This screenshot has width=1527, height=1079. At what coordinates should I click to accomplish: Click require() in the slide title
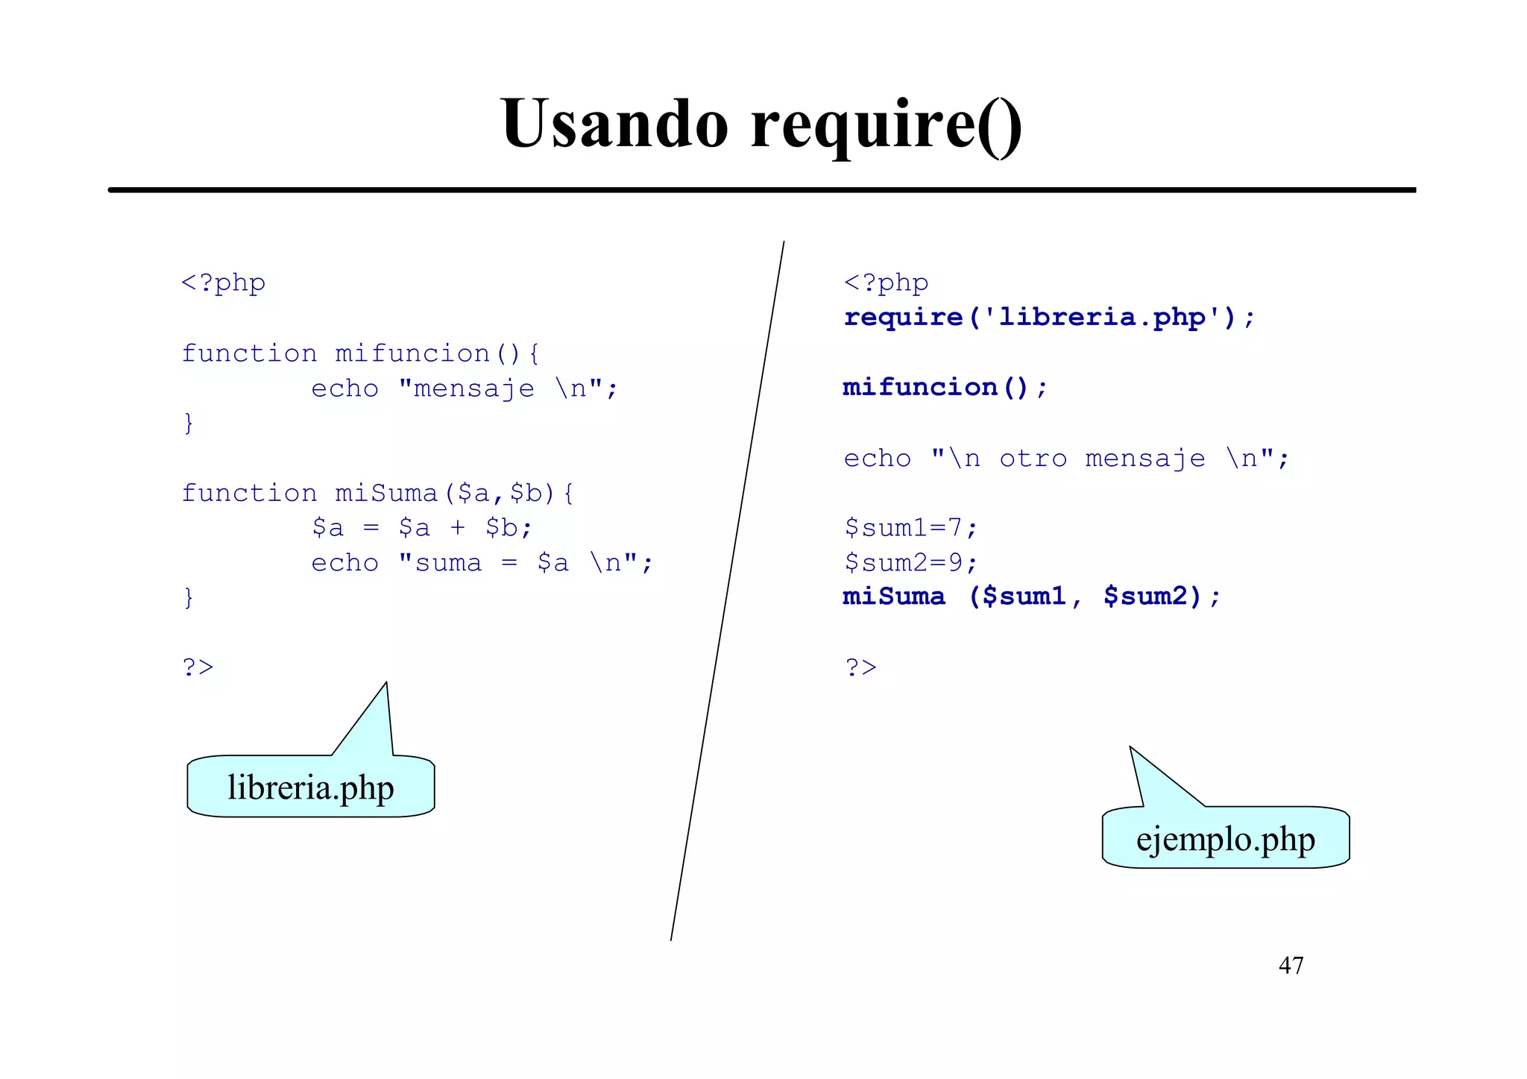pyautogui.click(x=887, y=124)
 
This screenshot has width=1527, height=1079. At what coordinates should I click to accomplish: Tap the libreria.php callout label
pyautogui.click(x=310, y=787)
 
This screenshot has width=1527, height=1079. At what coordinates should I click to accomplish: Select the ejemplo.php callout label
pyautogui.click(x=1225, y=839)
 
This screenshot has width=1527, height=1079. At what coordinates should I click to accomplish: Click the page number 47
pyautogui.click(x=1291, y=966)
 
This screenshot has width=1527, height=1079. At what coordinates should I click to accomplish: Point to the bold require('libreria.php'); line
pyautogui.click(x=1049, y=318)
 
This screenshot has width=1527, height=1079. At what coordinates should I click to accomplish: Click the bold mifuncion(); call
pyautogui.click(x=945, y=388)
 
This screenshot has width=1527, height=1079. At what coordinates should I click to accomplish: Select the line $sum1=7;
pyautogui.click(x=910, y=528)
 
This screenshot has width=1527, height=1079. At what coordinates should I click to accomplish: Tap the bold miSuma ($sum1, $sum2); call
pyautogui.click(x=1031, y=597)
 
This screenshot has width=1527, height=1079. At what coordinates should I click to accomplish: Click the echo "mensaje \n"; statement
pyautogui.click(x=464, y=388)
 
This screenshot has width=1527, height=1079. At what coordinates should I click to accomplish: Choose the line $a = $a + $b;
pyautogui.click(x=421, y=528)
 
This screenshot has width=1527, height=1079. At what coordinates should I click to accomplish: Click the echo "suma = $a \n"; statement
pyautogui.click(x=481, y=563)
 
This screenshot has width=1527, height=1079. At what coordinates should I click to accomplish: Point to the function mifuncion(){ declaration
pyautogui.click(x=360, y=353)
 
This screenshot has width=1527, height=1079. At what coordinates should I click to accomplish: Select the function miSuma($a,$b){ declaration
pyautogui.click(x=377, y=493)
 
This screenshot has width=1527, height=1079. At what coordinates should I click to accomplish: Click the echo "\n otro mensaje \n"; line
pyautogui.click(x=1065, y=458)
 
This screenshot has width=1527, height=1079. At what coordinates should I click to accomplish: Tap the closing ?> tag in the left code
pyautogui.click(x=198, y=667)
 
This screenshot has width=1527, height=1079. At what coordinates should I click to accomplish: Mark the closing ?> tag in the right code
pyautogui.click(x=860, y=667)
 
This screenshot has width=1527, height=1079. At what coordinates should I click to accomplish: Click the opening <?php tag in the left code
pyautogui.click(x=223, y=283)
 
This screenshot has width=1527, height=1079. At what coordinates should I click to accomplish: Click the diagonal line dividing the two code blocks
pyautogui.click(x=727, y=591)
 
